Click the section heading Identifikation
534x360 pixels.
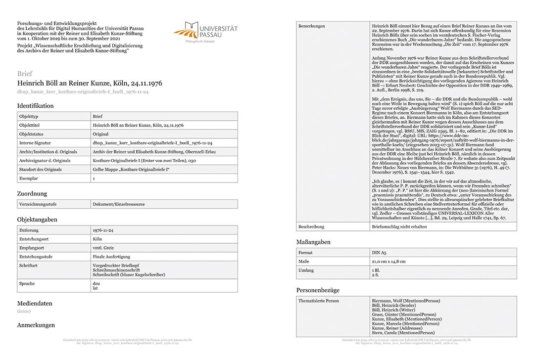click(x=35, y=106)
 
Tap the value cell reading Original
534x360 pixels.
click(x=100, y=134)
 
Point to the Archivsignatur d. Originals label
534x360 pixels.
click(x=45, y=161)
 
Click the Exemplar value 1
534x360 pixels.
click(x=94, y=179)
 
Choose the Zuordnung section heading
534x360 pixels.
click(x=32, y=194)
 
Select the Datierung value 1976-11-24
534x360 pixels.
click(x=103, y=230)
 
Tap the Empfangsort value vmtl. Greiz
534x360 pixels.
click(x=105, y=248)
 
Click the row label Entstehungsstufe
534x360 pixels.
click(x=37, y=257)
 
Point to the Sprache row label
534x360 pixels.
click(x=27, y=284)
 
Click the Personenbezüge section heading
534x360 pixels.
click(x=318, y=290)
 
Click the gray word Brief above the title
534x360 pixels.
click(x=25, y=74)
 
